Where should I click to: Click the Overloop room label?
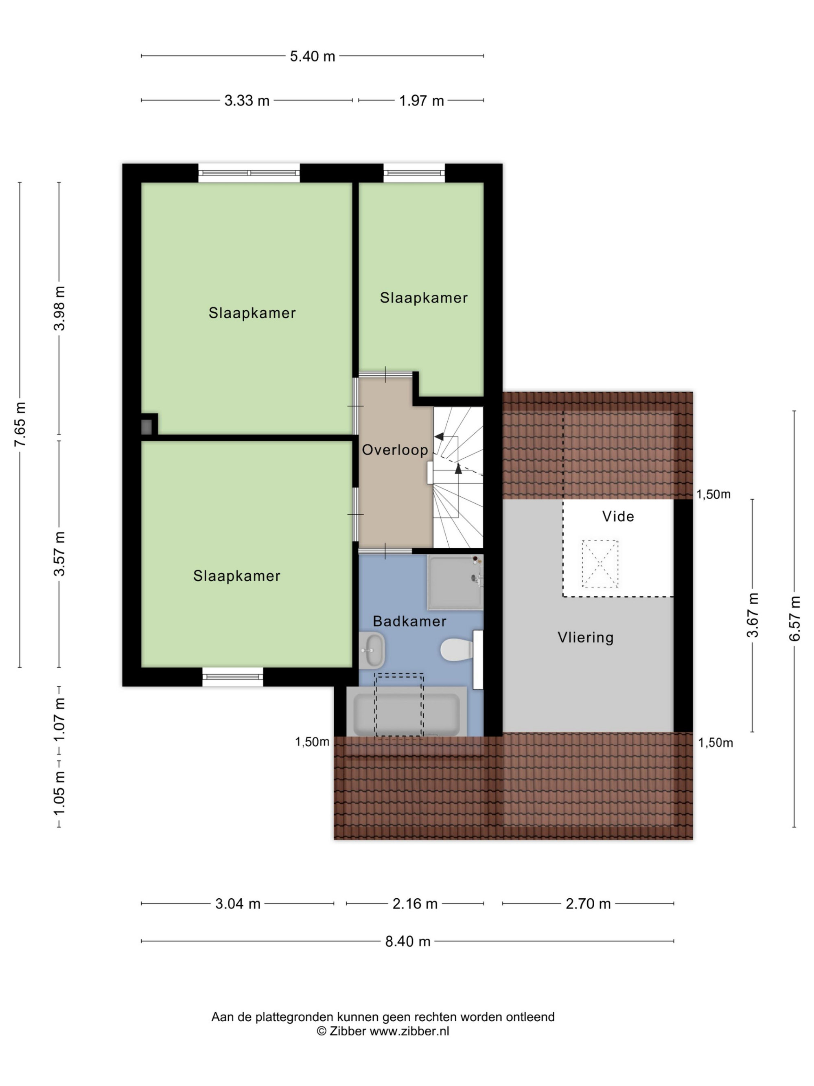click(x=395, y=450)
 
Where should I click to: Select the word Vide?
click(x=618, y=516)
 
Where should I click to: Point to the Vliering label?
click(x=586, y=637)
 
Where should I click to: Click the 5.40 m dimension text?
click(x=313, y=56)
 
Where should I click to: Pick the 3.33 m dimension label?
click(x=247, y=101)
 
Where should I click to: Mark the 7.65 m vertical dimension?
click(x=20, y=424)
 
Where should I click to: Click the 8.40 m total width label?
click(x=408, y=941)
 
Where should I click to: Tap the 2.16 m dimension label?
click(x=415, y=903)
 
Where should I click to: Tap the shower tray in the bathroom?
click(x=455, y=582)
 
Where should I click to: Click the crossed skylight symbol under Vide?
click(x=600, y=564)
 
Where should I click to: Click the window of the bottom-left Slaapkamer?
click(x=233, y=677)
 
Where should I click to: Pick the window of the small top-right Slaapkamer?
click(x=414, y=173)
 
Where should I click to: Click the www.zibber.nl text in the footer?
click(x=409, y=1031)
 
